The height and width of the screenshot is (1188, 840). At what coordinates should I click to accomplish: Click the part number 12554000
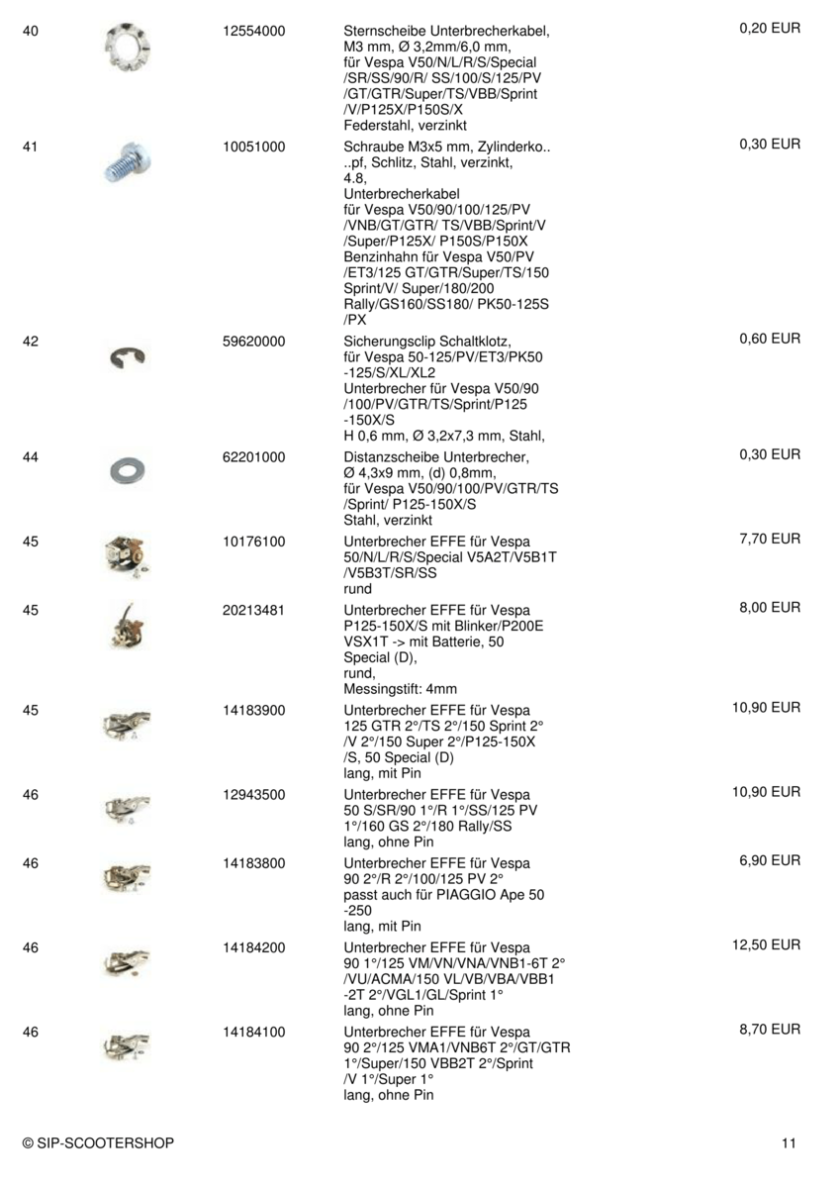(254, 32)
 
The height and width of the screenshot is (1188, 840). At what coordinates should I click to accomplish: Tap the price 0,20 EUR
(770, 29)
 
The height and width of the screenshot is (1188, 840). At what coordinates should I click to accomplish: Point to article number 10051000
(254, 147)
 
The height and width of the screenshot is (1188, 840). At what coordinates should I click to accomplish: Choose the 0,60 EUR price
(770, 339)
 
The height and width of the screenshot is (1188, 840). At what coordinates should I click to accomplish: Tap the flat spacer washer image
(127, 472)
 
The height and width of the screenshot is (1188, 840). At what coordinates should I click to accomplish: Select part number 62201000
(254, 457)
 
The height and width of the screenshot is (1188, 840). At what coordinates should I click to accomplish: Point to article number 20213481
(254, 610)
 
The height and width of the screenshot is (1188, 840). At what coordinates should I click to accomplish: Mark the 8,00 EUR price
(770, 607)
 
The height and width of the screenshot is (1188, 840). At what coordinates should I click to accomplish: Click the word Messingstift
(381, 689)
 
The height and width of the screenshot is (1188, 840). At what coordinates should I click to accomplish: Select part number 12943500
(254, 794)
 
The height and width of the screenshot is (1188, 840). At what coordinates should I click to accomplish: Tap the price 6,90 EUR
(770, 860)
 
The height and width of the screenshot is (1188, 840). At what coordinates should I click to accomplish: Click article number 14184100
(254, 1032)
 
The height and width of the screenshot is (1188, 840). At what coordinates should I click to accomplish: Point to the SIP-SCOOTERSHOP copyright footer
(98, 1143)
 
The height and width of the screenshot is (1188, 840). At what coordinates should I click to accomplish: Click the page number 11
(789, 1143)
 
